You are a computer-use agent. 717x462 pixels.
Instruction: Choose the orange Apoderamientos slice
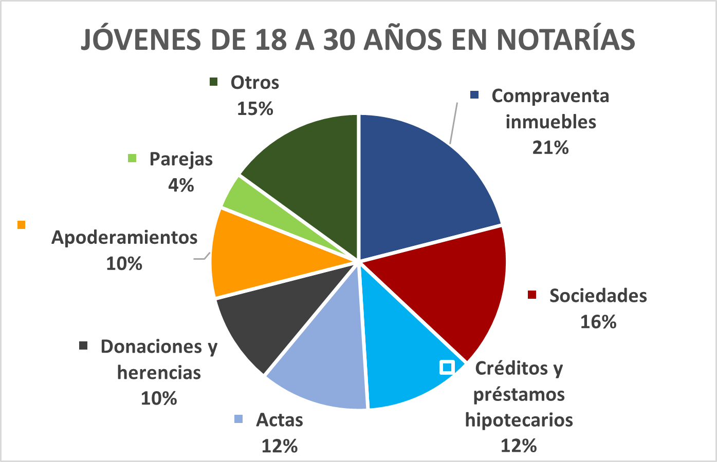(256, 256)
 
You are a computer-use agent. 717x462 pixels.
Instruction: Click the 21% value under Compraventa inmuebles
(550, 148)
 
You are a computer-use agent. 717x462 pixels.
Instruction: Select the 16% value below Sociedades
(598, 322)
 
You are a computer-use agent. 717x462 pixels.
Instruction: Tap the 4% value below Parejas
(181, 185)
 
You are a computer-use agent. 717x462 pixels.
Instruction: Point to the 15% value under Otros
(255, 109)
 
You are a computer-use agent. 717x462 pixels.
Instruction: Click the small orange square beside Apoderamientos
(21, 225)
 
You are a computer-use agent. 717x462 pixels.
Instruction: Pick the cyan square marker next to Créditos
(447, 368)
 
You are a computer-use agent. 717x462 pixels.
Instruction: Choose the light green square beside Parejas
(132, 158)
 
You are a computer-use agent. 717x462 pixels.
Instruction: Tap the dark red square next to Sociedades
(531, 295)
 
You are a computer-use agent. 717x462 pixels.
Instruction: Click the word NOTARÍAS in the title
(566, 40)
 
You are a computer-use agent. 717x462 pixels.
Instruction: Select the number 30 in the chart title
(339, 40)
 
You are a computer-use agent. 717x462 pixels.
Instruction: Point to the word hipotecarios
(519, 420)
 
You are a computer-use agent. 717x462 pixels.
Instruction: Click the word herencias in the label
(159, 373)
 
